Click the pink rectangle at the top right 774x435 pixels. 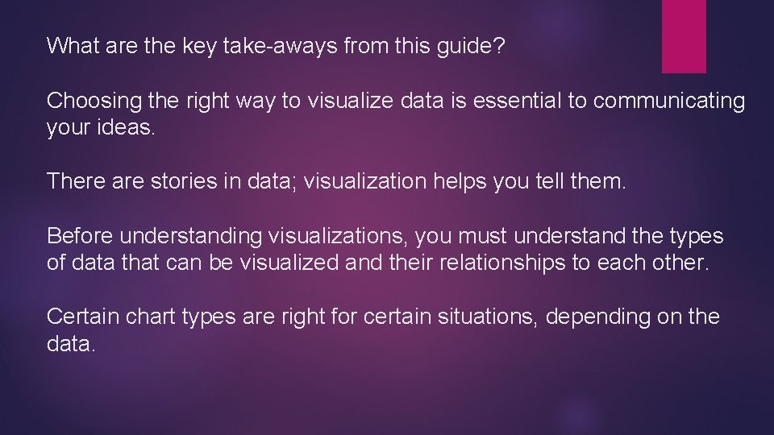tap(684, 36)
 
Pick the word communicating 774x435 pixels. tap(670, 101)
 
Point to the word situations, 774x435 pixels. tap(476, 317)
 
